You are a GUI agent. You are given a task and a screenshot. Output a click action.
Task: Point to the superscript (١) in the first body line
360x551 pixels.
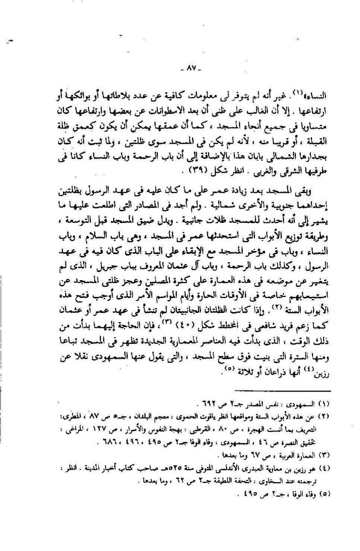point(297,93)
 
